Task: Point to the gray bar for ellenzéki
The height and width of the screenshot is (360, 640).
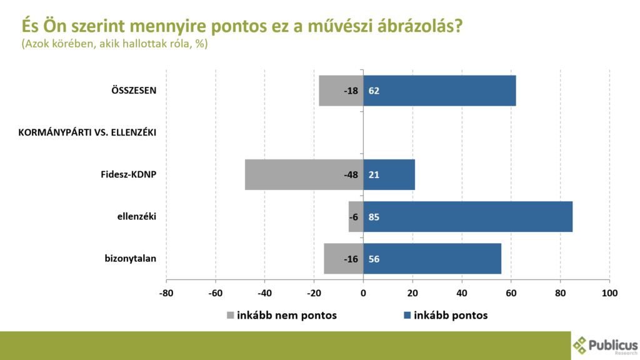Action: click(356, 217)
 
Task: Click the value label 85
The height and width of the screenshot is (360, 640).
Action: click(374, 217)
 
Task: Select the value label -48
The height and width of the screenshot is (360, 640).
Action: click(351, 175)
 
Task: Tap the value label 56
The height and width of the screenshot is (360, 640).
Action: click(374, 259)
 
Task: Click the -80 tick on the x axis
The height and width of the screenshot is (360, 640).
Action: click(166, 292)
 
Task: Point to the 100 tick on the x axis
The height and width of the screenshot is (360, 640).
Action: click(609, 292)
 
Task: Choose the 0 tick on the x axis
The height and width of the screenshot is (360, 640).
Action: click(363, 292)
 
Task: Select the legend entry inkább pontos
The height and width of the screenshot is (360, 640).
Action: click(446, 316)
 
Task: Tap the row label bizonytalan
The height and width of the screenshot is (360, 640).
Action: click(131, 259)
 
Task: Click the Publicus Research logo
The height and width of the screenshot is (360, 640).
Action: click(605, 346)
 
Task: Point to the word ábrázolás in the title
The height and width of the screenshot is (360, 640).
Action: click(416, 26)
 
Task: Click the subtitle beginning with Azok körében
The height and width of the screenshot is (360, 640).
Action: click(114, 44)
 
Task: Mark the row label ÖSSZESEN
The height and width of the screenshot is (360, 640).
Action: click(130, 90)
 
